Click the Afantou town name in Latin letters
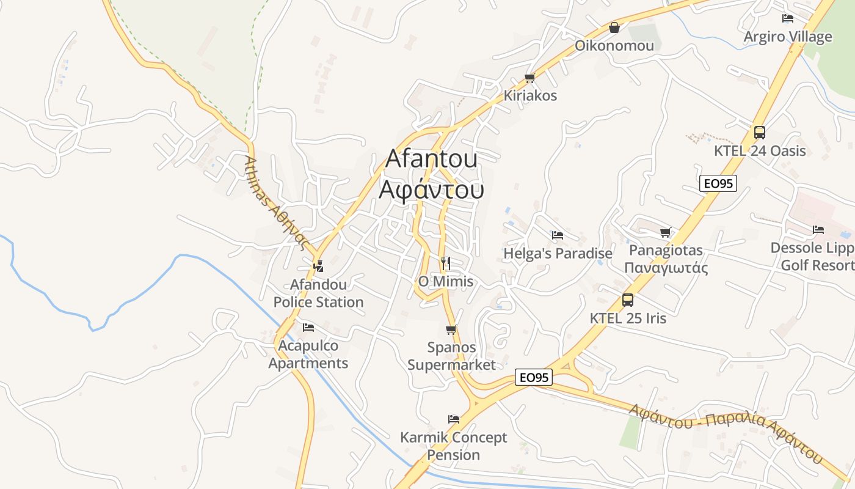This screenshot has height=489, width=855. point(431,159)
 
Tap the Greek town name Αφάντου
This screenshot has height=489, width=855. point(431,190)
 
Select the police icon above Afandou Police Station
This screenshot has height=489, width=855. point(318,266)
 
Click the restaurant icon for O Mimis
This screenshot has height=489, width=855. point(446,263)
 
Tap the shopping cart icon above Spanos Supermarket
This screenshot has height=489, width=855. point(451,330)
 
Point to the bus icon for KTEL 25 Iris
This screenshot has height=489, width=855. point(627,300)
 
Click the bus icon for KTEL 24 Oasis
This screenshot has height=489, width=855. point(760,133)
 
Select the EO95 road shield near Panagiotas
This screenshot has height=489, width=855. point(718,183)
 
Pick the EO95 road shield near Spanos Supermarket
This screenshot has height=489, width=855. point(534,378)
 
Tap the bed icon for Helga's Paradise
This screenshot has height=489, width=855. point(557,235)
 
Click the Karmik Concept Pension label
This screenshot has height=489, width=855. point(453,446)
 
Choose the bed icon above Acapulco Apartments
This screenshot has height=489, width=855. point(308,328)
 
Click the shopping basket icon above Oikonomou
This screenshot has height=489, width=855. point(614,28)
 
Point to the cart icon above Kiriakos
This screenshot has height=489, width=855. point(529,78)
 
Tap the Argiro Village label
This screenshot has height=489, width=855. point(787,37)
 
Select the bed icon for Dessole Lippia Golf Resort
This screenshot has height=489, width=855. point(818,230)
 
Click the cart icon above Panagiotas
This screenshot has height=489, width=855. point(665,232)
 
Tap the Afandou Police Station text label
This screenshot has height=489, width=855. point(318,293)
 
